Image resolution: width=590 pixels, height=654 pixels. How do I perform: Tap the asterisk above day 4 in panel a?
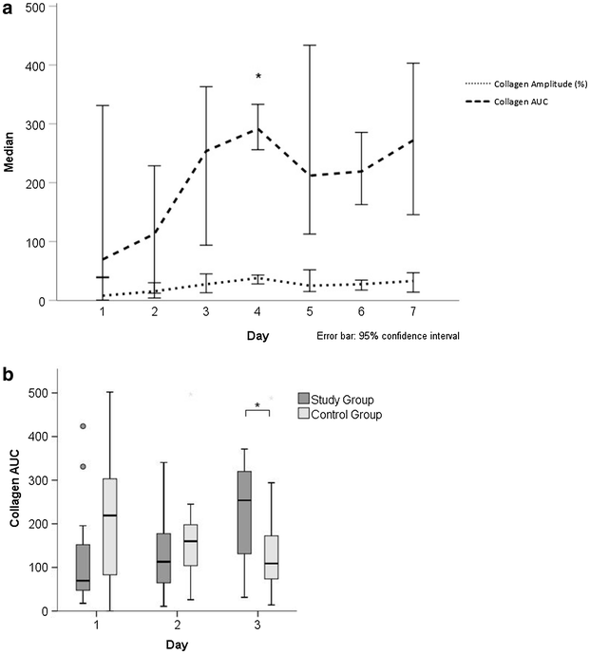coord(257,77)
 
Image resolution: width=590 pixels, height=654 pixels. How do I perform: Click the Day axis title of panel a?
coord(257,337)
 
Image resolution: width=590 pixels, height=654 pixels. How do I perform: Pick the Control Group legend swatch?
coord(305,414)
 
